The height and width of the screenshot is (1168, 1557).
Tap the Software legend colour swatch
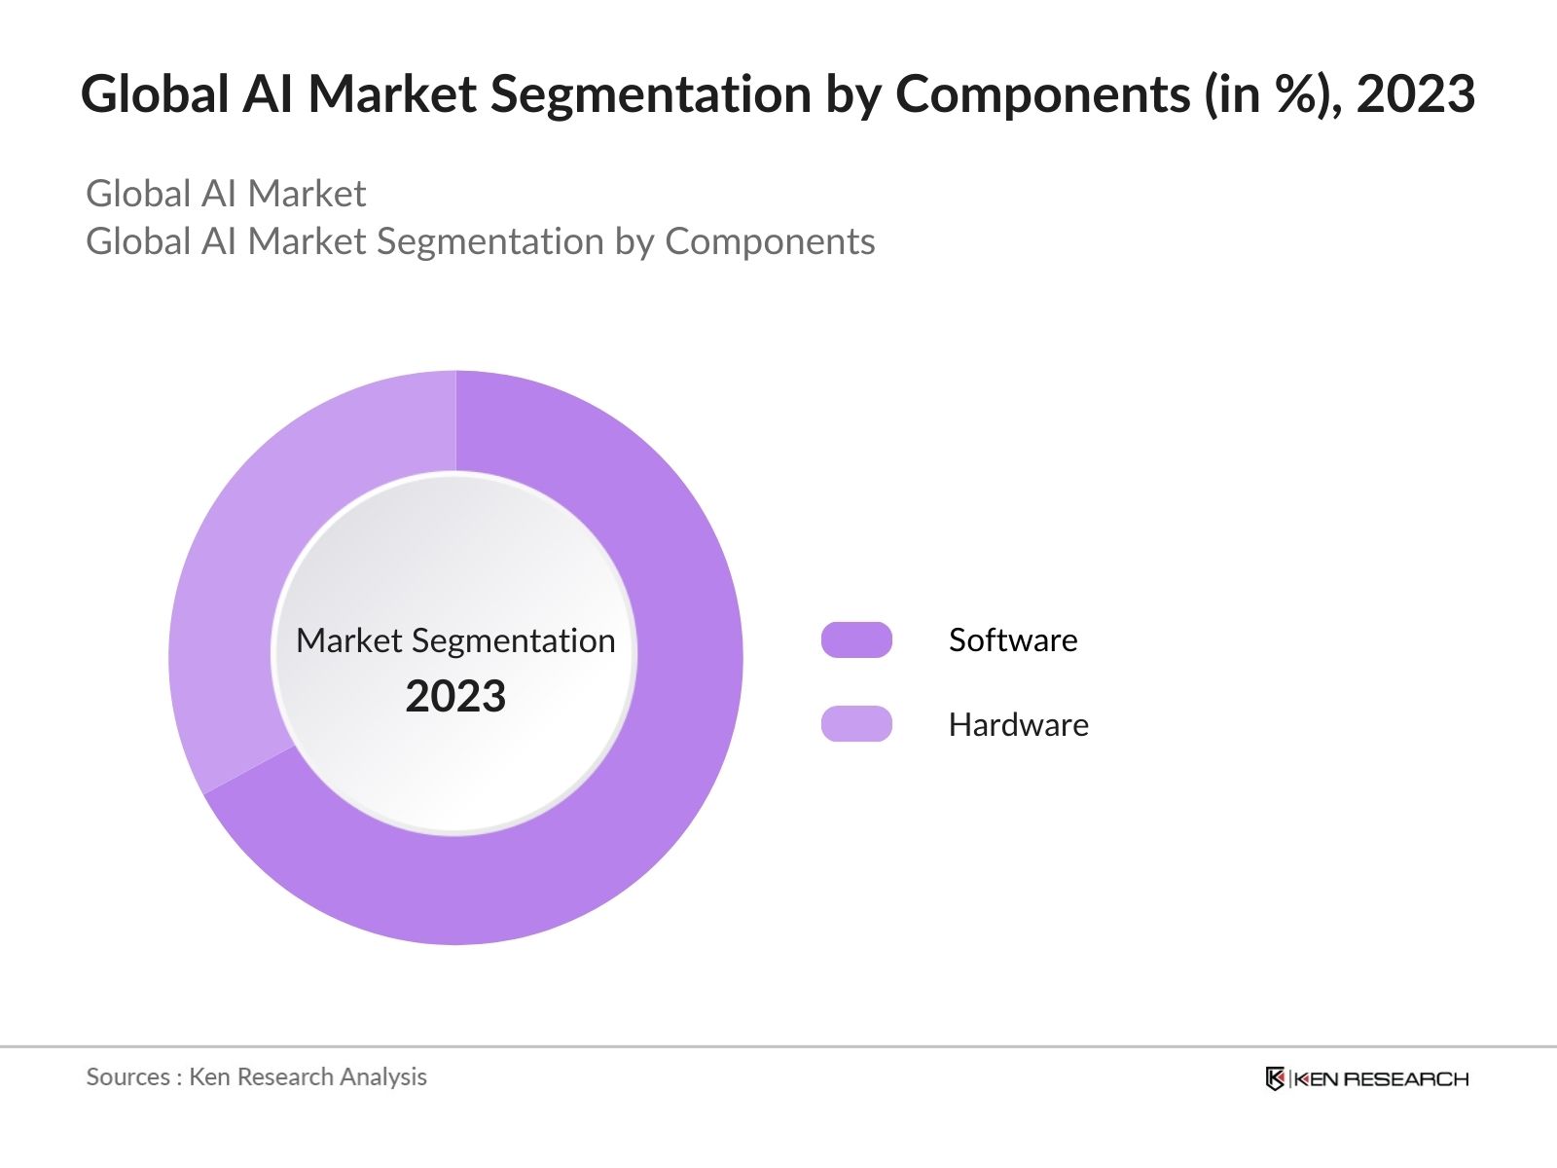point(856,639)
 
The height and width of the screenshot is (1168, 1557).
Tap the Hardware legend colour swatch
point(856,724)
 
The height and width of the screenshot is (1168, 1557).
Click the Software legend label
point(1013,639)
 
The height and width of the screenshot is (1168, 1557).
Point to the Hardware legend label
point(1018,724)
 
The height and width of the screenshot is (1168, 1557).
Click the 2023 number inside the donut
point(455,697)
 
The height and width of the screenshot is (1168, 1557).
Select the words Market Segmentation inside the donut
point(455,640)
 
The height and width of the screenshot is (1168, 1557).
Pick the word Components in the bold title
point(1042,94)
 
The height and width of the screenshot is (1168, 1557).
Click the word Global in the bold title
point(155,94)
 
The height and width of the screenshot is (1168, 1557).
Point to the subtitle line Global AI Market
point(226,194)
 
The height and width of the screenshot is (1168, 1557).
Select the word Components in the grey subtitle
point(770,241)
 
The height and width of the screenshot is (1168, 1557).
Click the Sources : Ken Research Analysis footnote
point(257,1077)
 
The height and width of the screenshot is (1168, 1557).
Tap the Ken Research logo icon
point(1275,1078)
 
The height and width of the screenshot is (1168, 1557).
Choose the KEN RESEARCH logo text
point(1381,1078)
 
